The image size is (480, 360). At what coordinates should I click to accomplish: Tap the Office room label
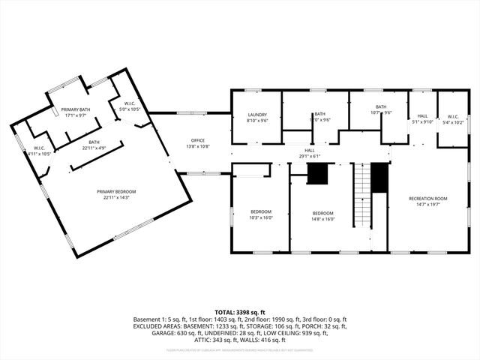(198, 140)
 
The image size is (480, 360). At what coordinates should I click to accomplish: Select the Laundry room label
(257, 115)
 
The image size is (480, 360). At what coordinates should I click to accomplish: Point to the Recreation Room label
(428, 198)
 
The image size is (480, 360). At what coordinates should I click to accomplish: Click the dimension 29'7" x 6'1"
(309, 155)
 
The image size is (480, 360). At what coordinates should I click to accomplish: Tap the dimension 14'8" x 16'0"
(322, 219)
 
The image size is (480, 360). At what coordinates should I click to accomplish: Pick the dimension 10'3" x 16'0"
(261, 217)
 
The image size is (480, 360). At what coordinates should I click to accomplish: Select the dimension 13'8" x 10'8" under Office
(198, 145)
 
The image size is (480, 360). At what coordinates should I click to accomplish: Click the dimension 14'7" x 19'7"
(428, 203)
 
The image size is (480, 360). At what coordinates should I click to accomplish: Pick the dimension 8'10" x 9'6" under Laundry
(257, 120)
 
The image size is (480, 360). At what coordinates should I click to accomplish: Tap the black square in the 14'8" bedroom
(318, 174)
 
